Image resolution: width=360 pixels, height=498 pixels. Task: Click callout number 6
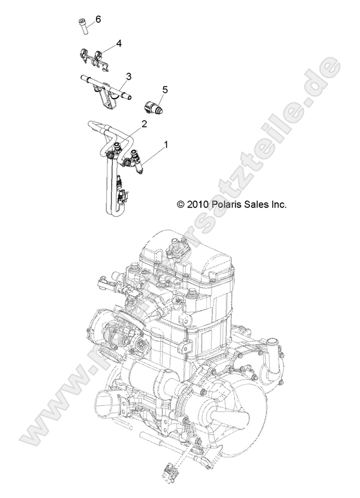[98, 19]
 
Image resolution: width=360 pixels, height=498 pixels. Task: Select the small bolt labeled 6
[81, 25]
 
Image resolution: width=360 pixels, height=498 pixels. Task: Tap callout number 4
[118, 44]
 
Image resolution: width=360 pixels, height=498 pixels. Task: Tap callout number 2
[144, 124]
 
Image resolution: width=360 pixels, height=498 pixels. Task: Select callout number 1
[167, 146]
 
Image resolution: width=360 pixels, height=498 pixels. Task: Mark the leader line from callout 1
[153, 155]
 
